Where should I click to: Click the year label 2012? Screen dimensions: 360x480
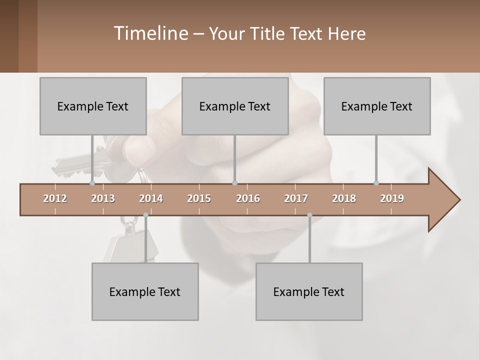tap(55, 198)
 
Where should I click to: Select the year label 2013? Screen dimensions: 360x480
tap(103, 198)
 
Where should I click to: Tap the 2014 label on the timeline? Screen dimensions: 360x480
tap(151, 198)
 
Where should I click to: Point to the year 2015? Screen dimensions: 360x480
tap(199, 198)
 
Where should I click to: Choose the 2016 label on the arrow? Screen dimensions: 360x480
tap(248, 198)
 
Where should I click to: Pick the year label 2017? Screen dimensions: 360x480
tap(296, 198)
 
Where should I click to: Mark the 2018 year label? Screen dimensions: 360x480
tap(344, 198)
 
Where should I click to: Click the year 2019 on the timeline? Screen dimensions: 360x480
tap(392, 198)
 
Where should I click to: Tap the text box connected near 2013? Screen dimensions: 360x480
tap(93, 106)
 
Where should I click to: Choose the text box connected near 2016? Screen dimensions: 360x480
tap(235, 106)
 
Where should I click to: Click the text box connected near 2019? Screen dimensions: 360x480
tap(377, 106)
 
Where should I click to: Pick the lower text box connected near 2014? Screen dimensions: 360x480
tap(145, 291)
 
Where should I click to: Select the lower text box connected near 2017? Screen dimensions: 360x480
tap(309, 291)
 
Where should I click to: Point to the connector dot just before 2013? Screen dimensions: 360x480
tap(92, 183)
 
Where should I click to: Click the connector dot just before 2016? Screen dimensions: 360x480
tap(235, 183)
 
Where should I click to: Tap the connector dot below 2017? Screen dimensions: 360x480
tap(309, 215)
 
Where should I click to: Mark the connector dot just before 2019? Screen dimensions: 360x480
tap(376, 183)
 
